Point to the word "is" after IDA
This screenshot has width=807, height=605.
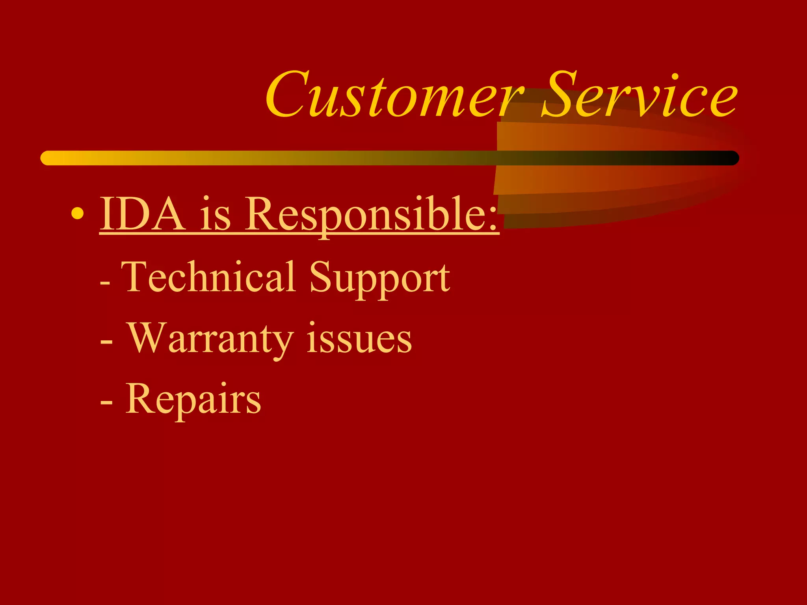215,215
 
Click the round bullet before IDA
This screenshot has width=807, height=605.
78,213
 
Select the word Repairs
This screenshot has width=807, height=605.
193,400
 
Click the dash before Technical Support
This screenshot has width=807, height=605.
105,282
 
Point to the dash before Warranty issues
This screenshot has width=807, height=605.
106,341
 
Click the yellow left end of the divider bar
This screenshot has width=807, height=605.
49,158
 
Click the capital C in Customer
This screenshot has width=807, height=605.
286,95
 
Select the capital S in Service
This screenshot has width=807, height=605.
560,95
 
